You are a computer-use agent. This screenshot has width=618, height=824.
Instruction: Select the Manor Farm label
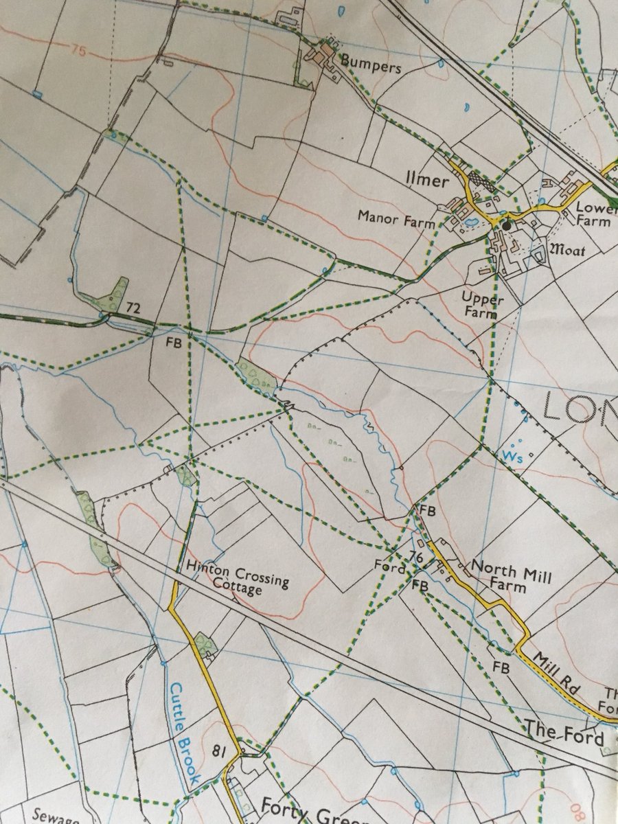coord(396,219)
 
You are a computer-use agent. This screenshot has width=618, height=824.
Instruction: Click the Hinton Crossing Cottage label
coord(237,575)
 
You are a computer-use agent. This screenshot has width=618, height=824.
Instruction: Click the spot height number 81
coord(219,750)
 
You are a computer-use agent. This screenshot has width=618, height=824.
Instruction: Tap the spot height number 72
coord(133,309)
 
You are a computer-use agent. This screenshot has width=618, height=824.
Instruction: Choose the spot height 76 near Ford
coord(415,556)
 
